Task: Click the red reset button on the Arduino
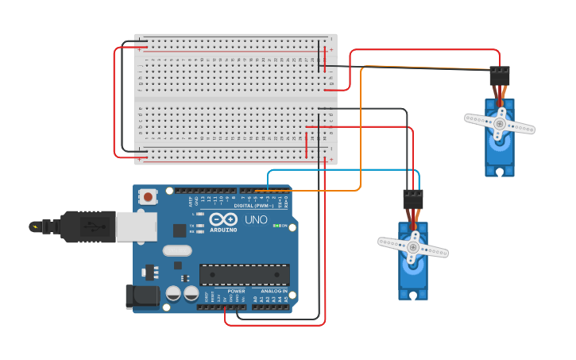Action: point(148,196)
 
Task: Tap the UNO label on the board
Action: point(256,219)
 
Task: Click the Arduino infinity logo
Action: point(224,219)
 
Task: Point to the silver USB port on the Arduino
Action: point(136,226)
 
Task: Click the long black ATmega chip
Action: point(244,274)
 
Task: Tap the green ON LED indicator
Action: point(276,226)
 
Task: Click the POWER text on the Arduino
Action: point(236,291)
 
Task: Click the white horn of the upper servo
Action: point(500,123)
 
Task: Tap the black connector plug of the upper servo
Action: point(499,75)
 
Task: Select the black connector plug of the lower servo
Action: point(412,199)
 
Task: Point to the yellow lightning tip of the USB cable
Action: point(35,226)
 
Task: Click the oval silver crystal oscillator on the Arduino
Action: point(177,251)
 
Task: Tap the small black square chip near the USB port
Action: point(180,230)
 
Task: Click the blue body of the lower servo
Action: point(412,274)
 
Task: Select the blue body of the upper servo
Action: point(500,151)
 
